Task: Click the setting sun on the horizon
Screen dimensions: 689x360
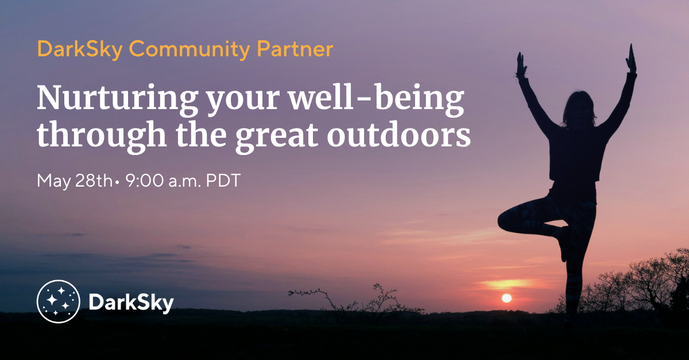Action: click(x=506, y=298)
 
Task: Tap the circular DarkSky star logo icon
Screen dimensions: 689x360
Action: click(x=59, y=301)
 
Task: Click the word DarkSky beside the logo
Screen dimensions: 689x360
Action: click(x=131, y=303)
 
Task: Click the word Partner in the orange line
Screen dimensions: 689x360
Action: click(x=295, y=49)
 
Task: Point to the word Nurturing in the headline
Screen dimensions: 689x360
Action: click(x=117, y=98)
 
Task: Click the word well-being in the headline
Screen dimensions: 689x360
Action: click(x=377, y=98)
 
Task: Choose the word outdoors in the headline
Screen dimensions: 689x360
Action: click(x=398, y=134)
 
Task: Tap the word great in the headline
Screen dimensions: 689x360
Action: click(x=277, y=137)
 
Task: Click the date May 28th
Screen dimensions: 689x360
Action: click(x=75, y=181)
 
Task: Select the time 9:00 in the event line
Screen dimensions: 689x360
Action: click(x=145, y=181)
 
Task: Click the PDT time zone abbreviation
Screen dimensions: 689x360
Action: click(x=223, y=181)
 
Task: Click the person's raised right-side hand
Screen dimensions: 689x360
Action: click(x=631, y=59)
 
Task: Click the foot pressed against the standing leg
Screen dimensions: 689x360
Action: click(x=563, y=243)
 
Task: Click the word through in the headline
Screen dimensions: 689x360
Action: click(x=102, y=136)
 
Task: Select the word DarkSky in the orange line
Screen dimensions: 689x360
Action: click(x=80, y=49)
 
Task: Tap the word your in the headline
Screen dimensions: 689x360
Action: click(x=243, y=102)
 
